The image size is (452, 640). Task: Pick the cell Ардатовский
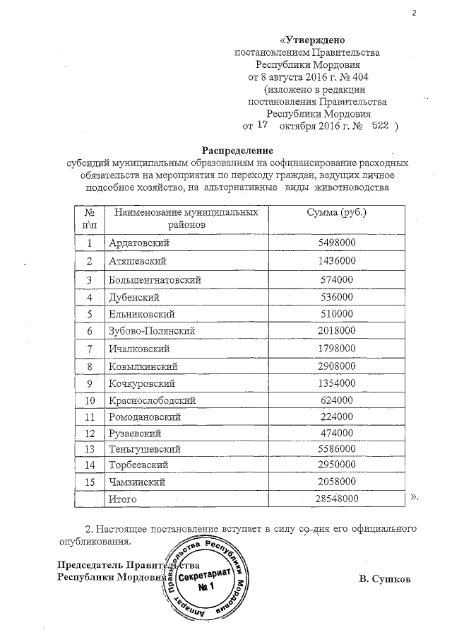tap(140, 243)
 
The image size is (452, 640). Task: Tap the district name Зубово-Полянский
tap(151, 330)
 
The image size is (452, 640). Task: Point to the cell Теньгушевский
tap(145, 449)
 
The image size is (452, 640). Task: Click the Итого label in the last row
tap(121, 499)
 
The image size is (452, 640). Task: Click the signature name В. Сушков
tap(383, 580)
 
